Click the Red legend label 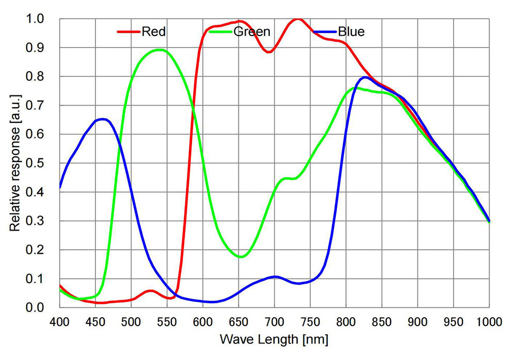coord(155,32)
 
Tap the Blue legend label coord(351,32)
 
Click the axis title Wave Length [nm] coord(274,340)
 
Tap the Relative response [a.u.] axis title coord(15,163)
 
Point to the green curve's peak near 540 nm coord(160,50)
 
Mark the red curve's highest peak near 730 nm coord(297,19)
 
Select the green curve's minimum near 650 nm coord(240,257)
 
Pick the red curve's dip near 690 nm coord(269,52)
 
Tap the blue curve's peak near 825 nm coord(365,77)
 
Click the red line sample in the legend coord(128,32)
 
